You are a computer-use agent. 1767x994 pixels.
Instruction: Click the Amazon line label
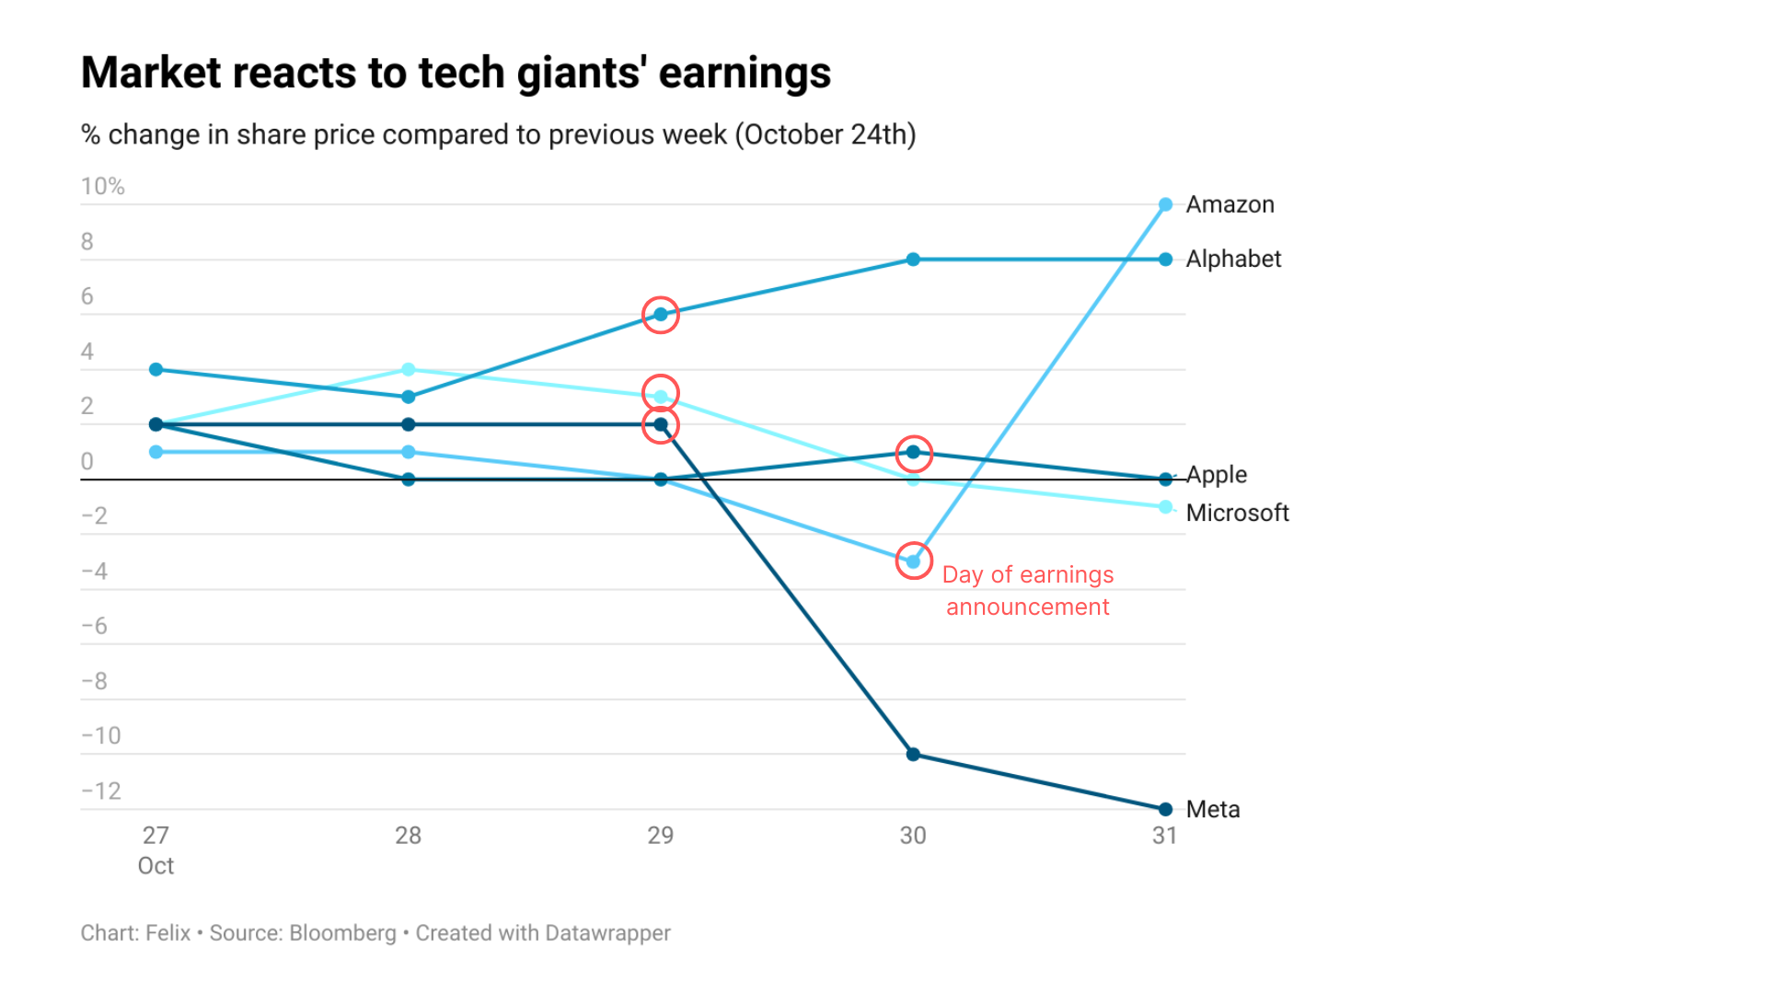pos(1230,204)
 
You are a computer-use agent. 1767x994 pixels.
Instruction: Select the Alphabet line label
pos(1233,259)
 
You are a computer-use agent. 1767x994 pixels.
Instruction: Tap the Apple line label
pos(1217,475)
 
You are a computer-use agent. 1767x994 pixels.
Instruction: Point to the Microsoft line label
pos(1237,513)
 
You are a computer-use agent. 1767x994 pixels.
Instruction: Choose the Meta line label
pos(1213,809)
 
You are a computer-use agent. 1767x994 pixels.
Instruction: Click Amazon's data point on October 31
pos(1165,204)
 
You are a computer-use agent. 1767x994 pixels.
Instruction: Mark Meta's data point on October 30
pos(913,755)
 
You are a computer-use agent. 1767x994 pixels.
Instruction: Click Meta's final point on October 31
pos(1165,809)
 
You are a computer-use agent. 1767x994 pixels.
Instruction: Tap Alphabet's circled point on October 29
pos(661,315)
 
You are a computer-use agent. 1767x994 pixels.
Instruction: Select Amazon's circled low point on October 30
pos(913,561)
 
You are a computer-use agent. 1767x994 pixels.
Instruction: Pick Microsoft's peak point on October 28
pos(409,370)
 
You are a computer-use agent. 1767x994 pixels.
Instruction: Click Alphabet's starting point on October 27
pos(156,370)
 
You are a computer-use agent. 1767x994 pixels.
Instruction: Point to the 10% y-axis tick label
pos(102,187)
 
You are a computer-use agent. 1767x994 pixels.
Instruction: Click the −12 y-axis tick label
pos(101,791)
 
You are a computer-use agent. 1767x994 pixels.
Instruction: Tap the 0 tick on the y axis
pos(87,461)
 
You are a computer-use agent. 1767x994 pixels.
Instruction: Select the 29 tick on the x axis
pos(661,836)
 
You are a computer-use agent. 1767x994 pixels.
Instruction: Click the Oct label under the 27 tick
pos(156,866)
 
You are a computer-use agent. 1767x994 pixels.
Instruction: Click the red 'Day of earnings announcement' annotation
pos(1028,591)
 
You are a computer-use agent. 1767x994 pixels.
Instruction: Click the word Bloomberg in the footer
pos(342,933)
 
